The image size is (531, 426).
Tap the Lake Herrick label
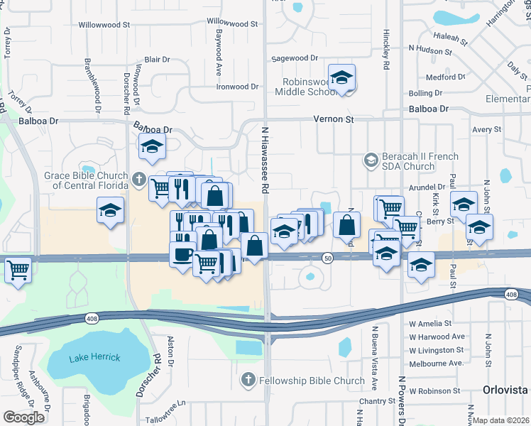(x=94, y=357)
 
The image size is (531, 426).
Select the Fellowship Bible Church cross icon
(x=248, y=381)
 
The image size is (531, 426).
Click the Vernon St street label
(x=334, y=120)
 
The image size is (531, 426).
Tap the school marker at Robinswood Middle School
(x=341, y=78)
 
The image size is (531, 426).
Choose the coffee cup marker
(x=182, y=254)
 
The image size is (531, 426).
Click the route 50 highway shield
(x=327, y=258)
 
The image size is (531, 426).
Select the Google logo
(x=24, y=417)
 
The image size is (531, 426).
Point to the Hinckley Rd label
(x=386, y=53)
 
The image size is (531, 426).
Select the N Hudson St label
(x=430, y=51)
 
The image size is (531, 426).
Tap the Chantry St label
(x=377, y=401)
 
